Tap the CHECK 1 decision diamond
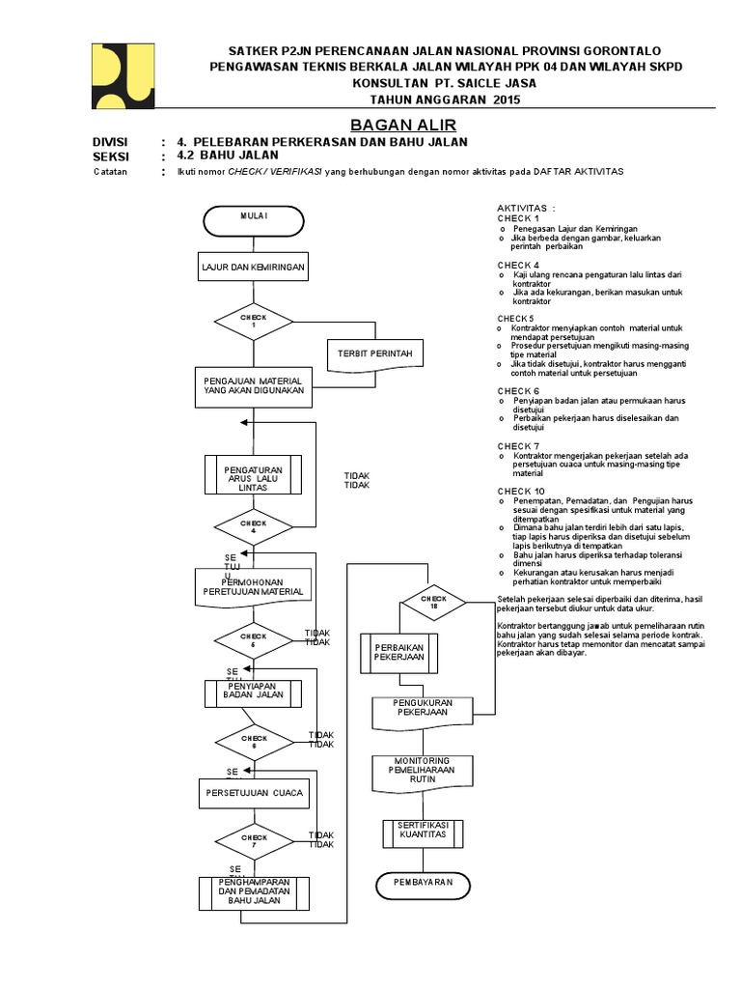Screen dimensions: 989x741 253,320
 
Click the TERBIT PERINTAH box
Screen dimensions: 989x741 373,354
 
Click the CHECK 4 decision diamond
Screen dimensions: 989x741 253,527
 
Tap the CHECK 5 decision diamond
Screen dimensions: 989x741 253,639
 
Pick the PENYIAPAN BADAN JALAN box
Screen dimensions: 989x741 253,692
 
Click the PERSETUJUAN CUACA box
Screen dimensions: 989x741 253,793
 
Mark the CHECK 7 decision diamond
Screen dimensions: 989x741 253,840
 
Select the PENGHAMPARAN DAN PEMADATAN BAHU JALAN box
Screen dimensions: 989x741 254,892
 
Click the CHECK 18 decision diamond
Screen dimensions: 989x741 433,602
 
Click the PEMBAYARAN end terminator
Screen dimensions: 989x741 422,884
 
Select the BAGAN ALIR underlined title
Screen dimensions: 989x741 389,125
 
